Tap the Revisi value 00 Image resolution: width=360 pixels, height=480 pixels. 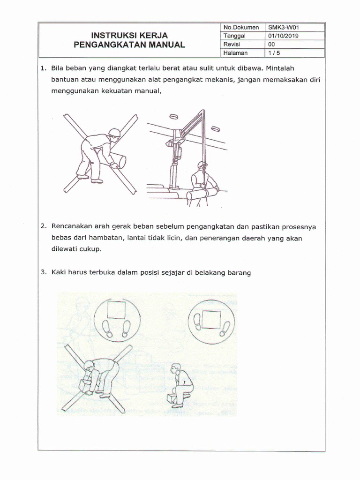271,44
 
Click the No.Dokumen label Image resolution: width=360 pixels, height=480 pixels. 241,27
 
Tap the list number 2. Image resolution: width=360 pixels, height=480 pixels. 43,226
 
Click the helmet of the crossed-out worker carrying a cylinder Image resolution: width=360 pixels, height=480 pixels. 114,133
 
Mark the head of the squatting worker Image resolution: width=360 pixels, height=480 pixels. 176,368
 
